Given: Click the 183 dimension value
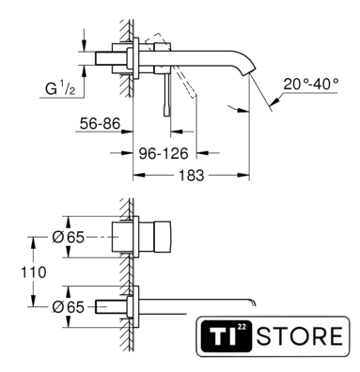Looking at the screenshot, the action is (191, 176).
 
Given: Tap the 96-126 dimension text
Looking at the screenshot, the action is (164, 153).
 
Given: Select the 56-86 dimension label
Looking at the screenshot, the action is (100, 123).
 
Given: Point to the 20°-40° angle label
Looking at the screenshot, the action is (311, 84).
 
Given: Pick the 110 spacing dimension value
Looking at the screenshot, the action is (34, 272).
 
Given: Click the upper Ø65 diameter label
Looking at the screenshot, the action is (69, 238).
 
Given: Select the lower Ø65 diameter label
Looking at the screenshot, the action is (69, 307).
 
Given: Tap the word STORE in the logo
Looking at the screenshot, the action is (300, 336).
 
